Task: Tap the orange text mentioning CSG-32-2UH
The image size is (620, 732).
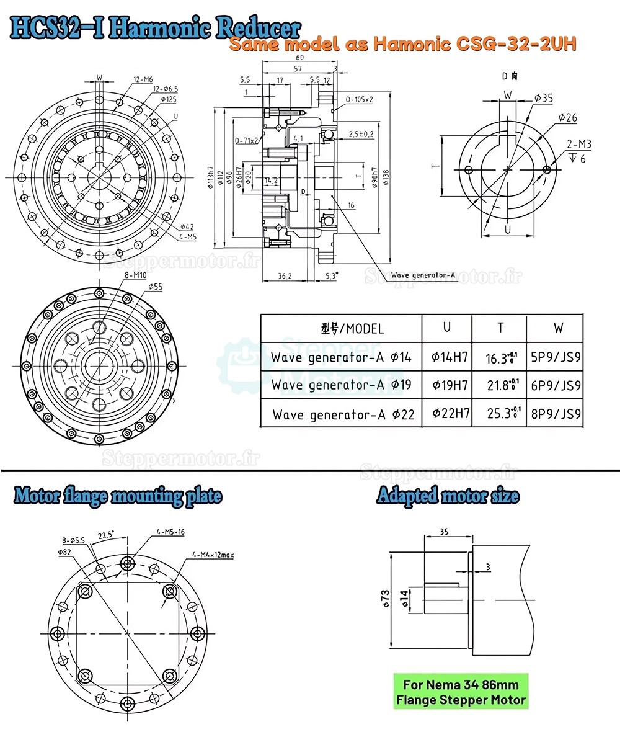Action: coord(402,44)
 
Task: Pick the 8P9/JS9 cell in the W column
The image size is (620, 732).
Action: coord(556,414)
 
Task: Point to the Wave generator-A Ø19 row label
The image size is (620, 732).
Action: coord(341,385)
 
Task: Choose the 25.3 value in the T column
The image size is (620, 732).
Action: coord(501,414)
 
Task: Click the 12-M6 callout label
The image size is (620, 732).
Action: coord(143,79)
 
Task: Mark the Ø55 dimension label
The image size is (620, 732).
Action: coord(156,287)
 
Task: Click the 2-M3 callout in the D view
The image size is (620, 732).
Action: coord(578,145)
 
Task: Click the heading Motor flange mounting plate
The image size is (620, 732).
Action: coord(117,496)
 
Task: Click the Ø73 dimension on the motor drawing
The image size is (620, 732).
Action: coord(385,597)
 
